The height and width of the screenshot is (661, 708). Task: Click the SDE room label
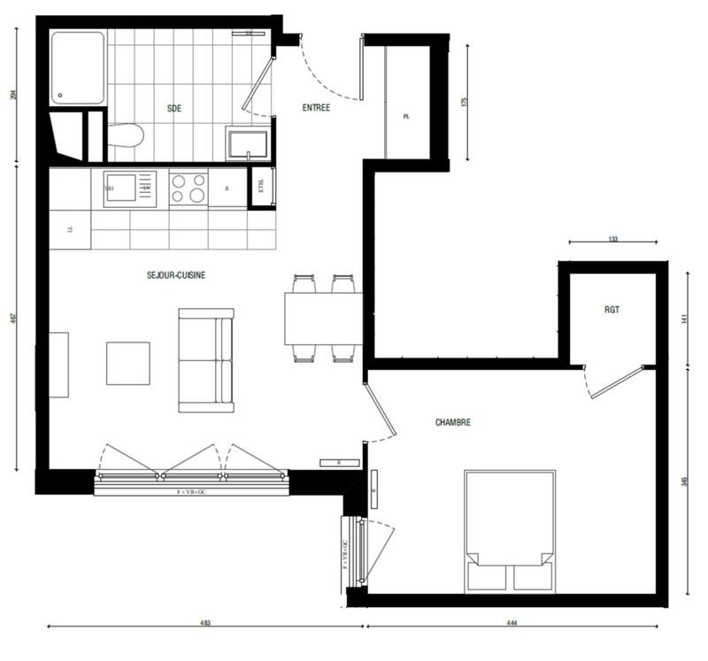173,109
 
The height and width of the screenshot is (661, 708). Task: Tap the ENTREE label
316,109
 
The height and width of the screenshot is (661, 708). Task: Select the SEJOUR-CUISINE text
176,275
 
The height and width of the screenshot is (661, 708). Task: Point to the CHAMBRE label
452,423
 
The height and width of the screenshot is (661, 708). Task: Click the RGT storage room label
612,310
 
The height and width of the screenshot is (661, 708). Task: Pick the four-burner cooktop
188,188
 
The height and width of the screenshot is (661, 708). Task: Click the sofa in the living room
205,360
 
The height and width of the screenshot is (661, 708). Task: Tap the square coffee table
128,363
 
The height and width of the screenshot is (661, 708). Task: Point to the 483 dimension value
205,623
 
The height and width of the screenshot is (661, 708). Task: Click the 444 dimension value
512,623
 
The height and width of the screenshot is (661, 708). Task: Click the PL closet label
406,116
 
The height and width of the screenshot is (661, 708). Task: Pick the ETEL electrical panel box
261,188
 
